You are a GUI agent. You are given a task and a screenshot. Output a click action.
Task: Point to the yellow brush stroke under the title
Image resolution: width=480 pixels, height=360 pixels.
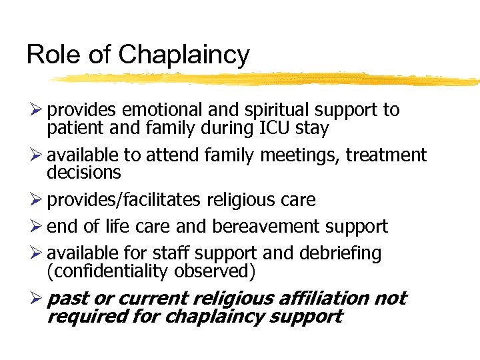[267, 79]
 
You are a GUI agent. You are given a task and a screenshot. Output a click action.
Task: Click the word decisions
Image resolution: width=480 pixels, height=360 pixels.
[84, 173]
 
